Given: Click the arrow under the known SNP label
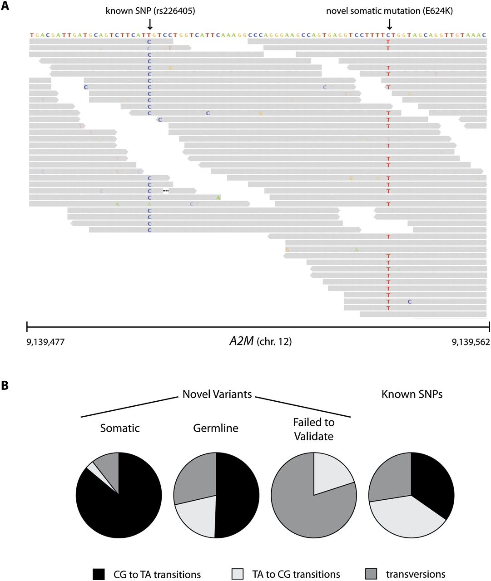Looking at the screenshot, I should coord(150,24).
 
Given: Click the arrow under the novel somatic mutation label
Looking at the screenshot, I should coord(389,24).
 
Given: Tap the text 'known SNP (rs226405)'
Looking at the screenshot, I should coord(150,10).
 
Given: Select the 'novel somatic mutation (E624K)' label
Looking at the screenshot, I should coord(389,10).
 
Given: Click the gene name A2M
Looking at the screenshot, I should coord(242,341).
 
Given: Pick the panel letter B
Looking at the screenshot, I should coord(5,385).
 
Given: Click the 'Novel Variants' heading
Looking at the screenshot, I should coord(217,394).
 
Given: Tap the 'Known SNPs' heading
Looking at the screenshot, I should coord(412,394).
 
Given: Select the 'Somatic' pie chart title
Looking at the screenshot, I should coord(120,428).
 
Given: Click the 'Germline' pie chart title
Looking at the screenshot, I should coord(216,428).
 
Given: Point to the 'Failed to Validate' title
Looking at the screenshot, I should coord(313,429).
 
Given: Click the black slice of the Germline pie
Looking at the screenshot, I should coord(238,495).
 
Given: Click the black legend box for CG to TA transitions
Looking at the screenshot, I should coord(99,574).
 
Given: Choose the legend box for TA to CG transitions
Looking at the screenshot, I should coord(238,574).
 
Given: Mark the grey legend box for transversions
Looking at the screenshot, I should coord(371,574).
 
